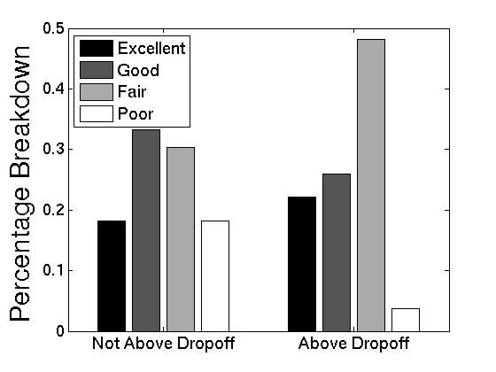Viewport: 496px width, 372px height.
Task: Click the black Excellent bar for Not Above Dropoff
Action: click(112, 275)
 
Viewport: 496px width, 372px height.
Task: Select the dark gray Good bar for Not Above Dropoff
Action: click(146, 230)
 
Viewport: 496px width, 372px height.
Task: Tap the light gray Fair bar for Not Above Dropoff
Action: click(180, 239)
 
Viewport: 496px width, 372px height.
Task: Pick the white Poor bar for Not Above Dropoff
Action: click(214, 275)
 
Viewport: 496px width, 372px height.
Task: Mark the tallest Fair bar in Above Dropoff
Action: click(370, 185)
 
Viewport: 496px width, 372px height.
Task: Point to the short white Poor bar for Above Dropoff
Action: click(405, 320)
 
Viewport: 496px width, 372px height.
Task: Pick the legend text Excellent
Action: click(151, 48)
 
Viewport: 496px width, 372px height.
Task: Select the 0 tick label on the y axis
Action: click(59, 331)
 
